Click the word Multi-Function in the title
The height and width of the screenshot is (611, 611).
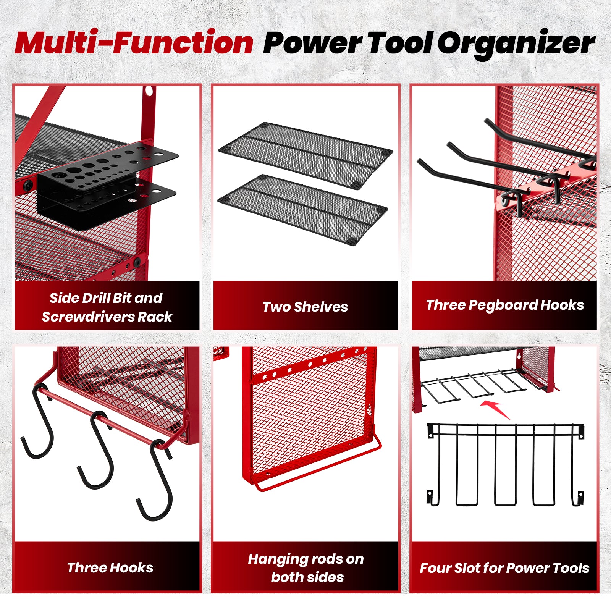[x=134, y=43]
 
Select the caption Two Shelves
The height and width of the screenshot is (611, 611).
[x=305, y=307]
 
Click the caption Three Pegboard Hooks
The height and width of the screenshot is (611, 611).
[x=505, y=305]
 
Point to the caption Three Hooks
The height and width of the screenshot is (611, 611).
[x=110, y=567]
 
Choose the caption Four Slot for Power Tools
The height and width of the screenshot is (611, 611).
[x=504, y=568]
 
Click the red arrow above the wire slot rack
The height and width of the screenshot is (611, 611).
[x=495, y=409]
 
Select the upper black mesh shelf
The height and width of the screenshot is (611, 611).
[x=305, y=155]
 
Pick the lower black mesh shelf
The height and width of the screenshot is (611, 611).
[x=302, y=210]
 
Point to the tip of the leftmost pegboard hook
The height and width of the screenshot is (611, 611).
[x=420, y=162]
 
